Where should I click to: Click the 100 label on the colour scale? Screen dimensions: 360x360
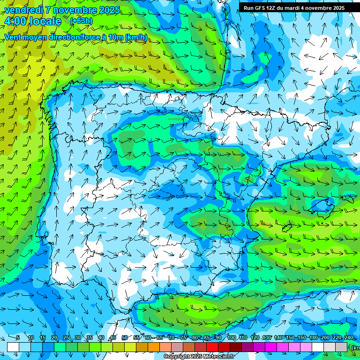click(x=232, y=337)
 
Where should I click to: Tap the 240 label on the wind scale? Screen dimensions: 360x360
click(x=348, y=337)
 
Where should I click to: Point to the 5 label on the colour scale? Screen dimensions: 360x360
click(x=17, y=337)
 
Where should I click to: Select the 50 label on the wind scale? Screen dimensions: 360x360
click(x=125, y=337)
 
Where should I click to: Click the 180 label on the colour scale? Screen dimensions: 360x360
click(x=313, y=337)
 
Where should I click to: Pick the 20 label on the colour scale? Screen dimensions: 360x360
click(x=54, y=337)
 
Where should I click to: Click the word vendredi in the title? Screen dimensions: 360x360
click(x=23, y=10)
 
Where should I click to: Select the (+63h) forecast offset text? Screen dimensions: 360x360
click(x=81, y=21)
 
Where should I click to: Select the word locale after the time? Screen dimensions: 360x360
click(x=45, y=21)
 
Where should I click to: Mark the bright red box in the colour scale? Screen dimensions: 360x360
click(x=212, y=347)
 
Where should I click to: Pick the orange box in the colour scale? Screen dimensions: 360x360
click(x=154, y=347)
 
